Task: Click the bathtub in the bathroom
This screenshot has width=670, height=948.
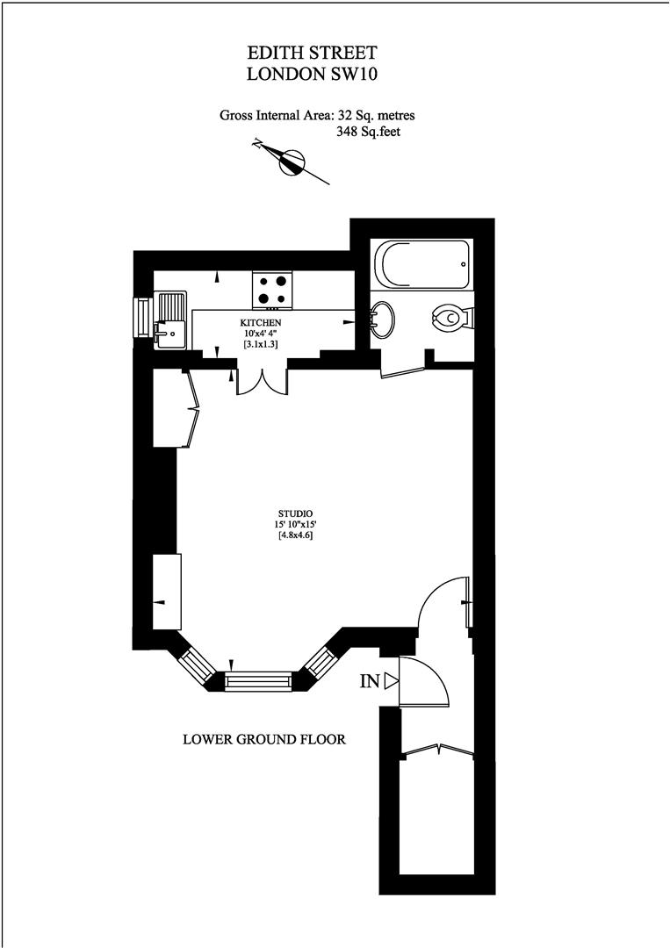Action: [x=422, y=265]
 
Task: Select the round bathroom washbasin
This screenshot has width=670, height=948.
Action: [x=383, y=320]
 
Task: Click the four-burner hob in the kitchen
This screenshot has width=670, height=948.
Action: [x=273, y=290]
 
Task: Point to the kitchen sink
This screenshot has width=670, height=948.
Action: [x=171, y=320]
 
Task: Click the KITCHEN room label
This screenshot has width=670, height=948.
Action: [x=261, y=323]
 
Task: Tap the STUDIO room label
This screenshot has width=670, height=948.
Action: [x=295, y=513]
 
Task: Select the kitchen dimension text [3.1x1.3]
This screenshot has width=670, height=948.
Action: [x=261, y=344]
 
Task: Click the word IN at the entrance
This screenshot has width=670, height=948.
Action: [x=370, y=681]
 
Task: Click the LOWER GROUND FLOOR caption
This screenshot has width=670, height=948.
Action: [x=264, y=739]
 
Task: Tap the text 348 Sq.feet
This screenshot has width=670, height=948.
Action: [x=368, y=131]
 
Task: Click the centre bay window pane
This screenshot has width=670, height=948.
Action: [x=260, y=681]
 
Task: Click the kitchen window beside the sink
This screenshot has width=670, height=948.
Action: [x=143, y=317]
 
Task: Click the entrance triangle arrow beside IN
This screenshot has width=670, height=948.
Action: [x=392, y=681]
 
